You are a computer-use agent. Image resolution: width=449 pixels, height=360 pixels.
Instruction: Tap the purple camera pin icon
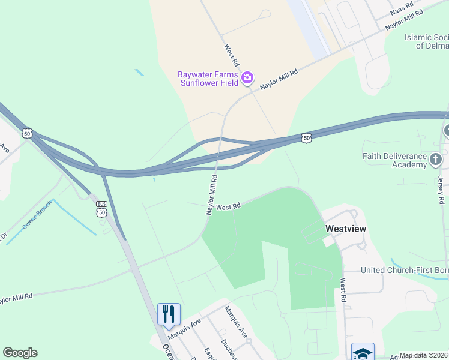pos(247,78)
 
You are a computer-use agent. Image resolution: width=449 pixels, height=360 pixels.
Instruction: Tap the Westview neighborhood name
pos(346,229)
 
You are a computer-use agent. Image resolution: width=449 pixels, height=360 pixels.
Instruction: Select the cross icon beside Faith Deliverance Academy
pos(436,159)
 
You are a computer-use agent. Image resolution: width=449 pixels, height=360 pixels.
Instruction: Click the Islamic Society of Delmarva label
pos(426,41)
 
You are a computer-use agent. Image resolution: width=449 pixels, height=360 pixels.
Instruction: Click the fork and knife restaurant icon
pos(169,314)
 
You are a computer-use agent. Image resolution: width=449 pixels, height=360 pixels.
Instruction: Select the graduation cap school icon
pos(363,352)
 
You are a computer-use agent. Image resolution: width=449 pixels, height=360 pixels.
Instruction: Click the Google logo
pos(20,353)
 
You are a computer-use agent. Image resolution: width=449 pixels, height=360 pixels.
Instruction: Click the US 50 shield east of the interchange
pos(306,138)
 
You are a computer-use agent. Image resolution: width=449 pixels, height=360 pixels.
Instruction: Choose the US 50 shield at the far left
pos(27,133)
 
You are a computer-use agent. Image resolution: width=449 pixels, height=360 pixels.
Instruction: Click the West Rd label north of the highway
pos(232,55)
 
